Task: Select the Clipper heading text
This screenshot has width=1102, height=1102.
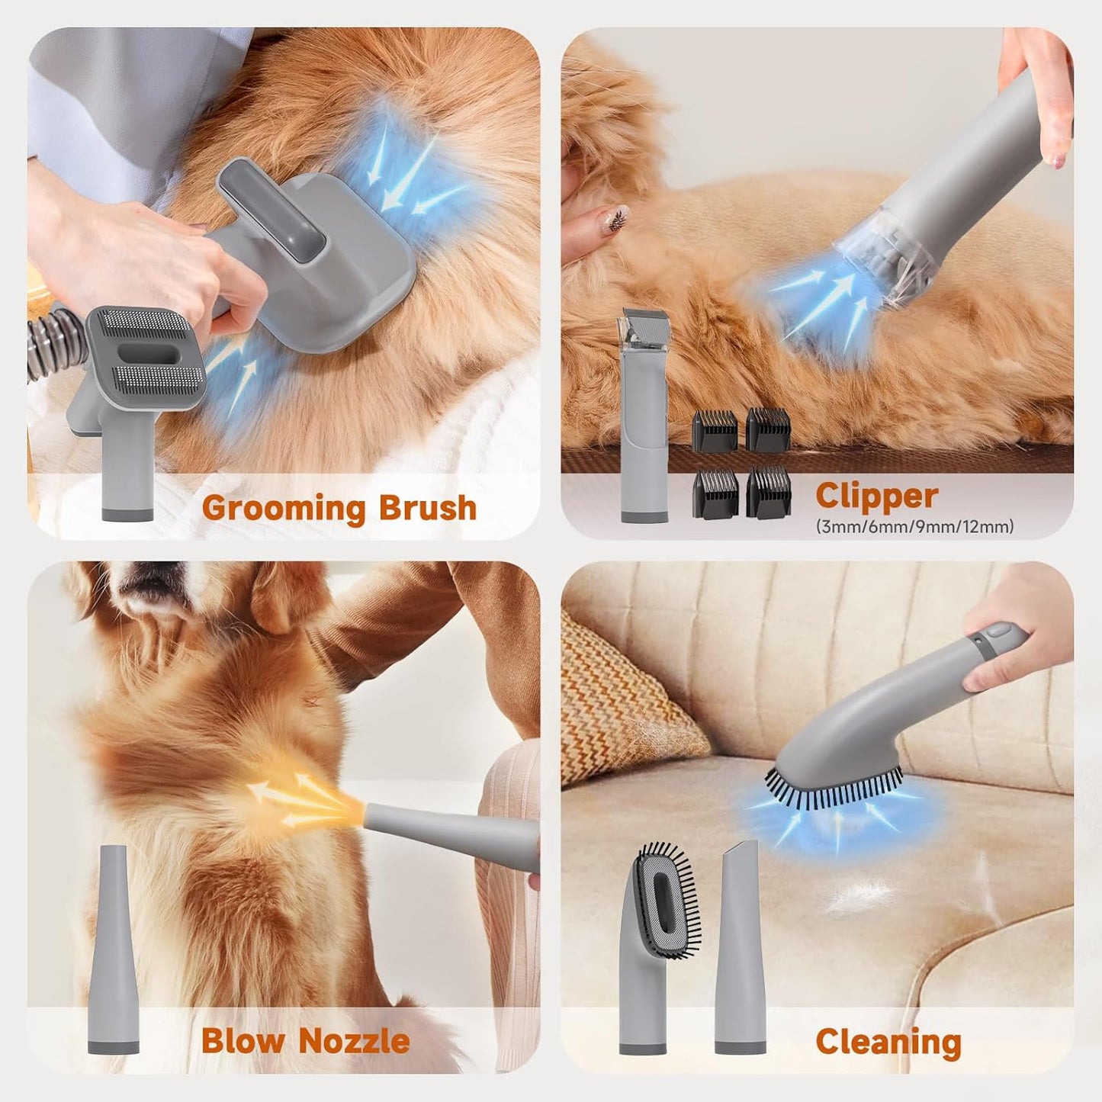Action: (x=876, y=496)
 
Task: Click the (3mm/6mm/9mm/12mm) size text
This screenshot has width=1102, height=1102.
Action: (x=914, y=526)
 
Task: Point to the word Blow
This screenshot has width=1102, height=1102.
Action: (x=242, y=1040)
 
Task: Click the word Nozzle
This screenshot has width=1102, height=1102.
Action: (x=354, y=1040)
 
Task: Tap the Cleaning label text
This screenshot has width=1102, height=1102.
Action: (x=888, y=1042)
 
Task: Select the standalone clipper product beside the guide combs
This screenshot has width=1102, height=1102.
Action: (x=644, y=416)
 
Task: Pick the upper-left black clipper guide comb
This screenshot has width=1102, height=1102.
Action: (x=715, y=430)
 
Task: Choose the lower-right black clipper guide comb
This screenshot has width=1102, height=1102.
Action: (x=769, y=492)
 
